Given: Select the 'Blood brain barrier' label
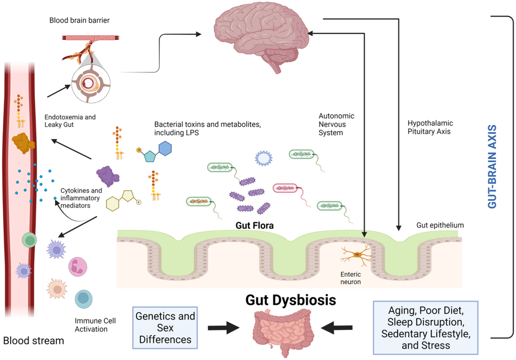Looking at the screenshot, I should click(79, 21).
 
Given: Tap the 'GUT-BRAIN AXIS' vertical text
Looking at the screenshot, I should click(492, 166).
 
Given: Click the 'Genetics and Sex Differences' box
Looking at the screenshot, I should click(165, 327).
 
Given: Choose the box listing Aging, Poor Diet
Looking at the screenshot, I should click(426, 327).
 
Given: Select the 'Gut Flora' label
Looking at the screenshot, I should click(254, 226).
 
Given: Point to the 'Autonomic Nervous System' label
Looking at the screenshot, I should click(336, 124).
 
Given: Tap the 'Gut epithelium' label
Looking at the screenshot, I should click(440, 225).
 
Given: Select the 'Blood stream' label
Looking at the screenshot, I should click(34, 341).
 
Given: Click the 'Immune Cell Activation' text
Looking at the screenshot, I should click(95, 324).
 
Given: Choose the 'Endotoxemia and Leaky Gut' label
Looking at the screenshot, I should click(70, 121).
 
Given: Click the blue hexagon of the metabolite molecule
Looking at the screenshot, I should click(165, 148).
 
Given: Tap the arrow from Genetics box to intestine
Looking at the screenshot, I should click(223, 328).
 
